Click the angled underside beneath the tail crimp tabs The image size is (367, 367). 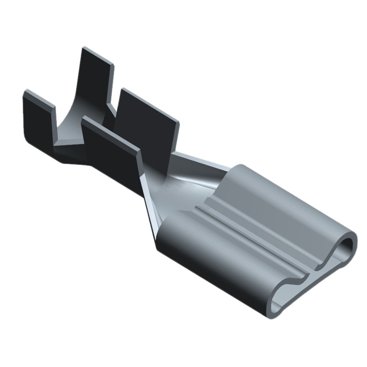78,161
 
